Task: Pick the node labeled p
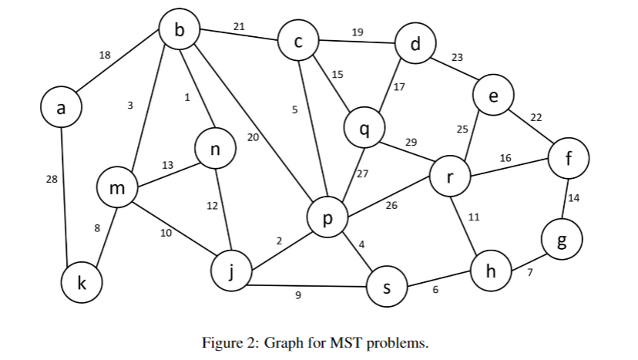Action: (327, 219)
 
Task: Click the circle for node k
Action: (82, 283)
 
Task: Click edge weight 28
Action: (52, 180)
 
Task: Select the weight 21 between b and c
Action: (239, 27)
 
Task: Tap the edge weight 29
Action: (411, 143)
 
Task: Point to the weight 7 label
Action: (530, 272)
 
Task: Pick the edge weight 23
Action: (457, 58)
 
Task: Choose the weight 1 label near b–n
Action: (186, 97)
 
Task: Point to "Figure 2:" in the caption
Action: (230, 342)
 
